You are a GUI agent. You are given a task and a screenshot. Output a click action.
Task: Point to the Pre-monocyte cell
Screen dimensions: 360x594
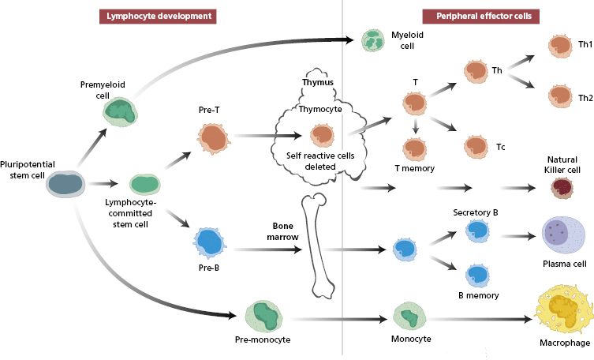[266, 315]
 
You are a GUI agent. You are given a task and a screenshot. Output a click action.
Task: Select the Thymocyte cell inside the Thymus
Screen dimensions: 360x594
[320, 136]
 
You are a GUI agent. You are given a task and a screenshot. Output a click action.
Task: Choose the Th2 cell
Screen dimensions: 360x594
[561, 97]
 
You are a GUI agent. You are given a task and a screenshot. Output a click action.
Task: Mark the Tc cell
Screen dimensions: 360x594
[476, 145]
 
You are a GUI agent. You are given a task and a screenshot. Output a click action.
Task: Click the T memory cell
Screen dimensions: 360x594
[414, 148]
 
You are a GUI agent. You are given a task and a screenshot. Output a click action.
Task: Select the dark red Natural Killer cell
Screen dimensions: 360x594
[562, 187]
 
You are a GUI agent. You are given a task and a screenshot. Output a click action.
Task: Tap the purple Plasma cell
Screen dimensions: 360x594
[562, 234]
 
